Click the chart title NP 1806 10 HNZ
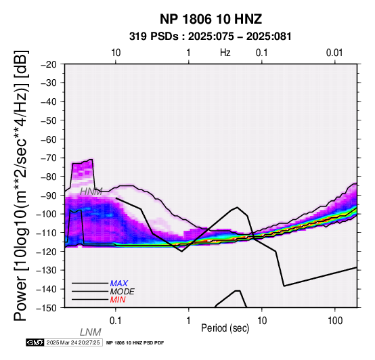211,19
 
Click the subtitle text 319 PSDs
154,37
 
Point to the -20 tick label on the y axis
49,64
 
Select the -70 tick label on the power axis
49,158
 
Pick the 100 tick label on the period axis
335,321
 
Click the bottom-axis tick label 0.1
116,321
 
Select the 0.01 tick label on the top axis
334,53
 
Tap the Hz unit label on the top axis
225,53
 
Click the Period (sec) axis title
225,328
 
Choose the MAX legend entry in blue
119,284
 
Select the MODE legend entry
123,292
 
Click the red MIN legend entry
118,300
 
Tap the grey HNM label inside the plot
91,192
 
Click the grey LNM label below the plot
91,332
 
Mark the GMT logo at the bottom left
35,342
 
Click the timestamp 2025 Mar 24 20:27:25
73,342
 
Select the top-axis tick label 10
116,53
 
